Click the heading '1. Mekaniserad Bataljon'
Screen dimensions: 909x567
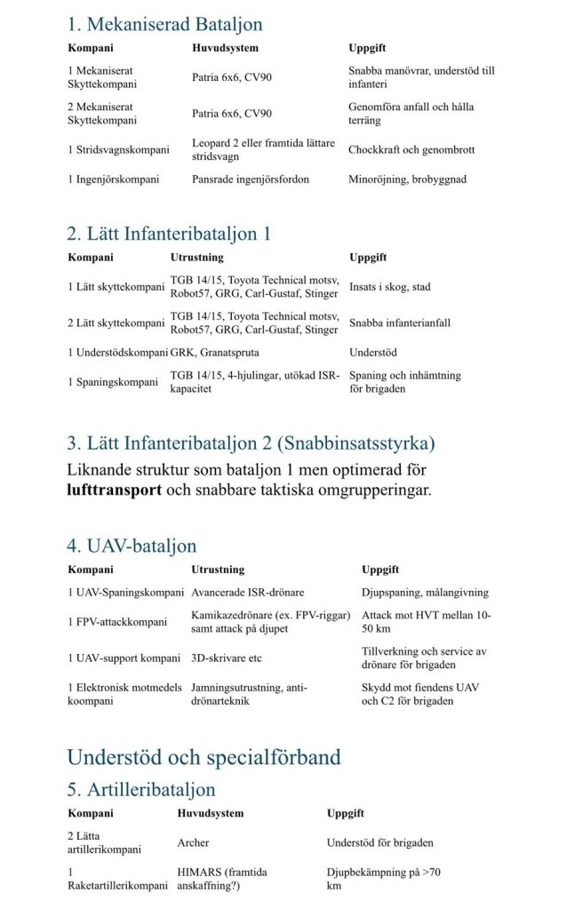point(164,24)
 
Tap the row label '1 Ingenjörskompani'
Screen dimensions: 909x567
point(114,179)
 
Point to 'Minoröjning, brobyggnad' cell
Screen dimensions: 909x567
point(407,179)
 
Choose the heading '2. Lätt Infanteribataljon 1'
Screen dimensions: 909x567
point(169,234)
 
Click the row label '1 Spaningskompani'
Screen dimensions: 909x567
point(111,382)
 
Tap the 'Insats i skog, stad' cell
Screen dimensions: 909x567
point(390,287)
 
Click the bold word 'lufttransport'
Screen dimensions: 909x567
point(114,490)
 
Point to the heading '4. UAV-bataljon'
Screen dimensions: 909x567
point(132,546)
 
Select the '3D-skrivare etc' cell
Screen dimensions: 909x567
point(227,658)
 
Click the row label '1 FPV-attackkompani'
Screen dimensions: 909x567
point(117,622)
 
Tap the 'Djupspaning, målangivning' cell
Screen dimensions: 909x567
point(425,593)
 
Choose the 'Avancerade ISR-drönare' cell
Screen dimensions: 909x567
point(249,593)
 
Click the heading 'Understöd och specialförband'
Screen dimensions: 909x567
point(204,757)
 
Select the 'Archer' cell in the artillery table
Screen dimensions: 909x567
point(194,842)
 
